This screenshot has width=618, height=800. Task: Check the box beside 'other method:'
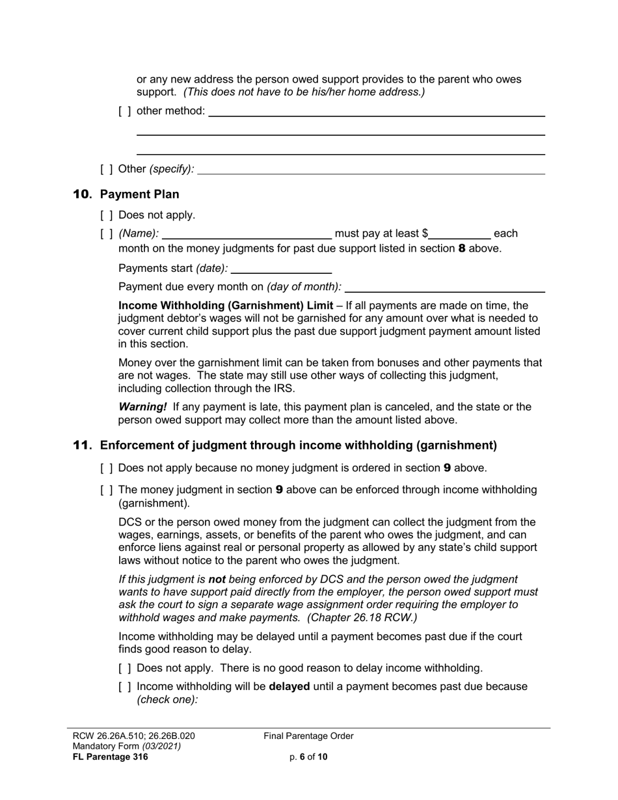point(125,111)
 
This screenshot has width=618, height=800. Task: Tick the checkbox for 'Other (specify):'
point(107,169)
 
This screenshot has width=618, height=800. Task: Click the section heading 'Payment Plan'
point(139,194)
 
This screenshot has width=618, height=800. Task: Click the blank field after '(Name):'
point(247,233)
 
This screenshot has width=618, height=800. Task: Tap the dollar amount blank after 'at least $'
point(459,233)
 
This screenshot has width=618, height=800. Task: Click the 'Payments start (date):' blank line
point(281,268)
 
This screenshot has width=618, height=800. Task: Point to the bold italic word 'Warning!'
point(142,407)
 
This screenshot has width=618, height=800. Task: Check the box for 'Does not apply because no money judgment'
point(107,468)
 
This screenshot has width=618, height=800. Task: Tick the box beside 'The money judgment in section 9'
point(107,490)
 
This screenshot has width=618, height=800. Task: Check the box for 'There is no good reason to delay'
point(125,668)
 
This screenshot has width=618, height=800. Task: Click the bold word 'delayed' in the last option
point(289,687)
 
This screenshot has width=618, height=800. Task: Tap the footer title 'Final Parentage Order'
point(308,736)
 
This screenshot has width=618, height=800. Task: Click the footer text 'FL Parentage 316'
point(110,756)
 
